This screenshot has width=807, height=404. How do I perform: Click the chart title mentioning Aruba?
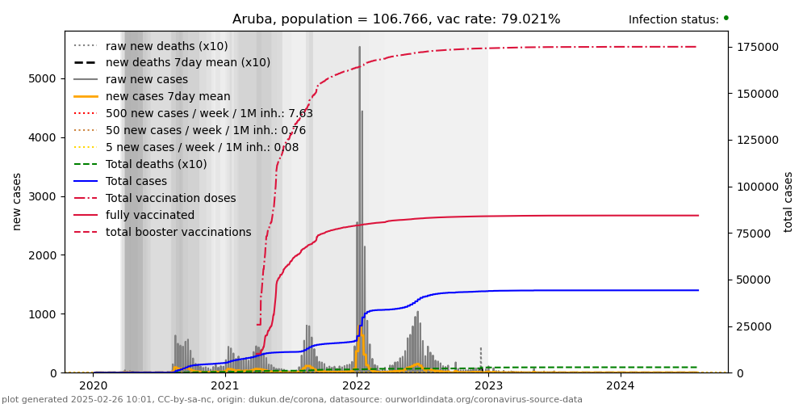[x=396, y=19]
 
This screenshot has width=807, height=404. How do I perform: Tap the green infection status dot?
[x=725, y=18]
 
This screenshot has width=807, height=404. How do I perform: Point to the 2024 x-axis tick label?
[x=620, y=385]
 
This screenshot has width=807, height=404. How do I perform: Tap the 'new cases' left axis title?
[x=17, y=201]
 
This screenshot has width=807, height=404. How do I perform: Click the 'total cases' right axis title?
[x=788, y=201]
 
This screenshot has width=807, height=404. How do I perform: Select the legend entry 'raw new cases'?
[x=146, y=79]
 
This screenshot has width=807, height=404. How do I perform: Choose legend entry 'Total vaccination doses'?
[x=170, y=198]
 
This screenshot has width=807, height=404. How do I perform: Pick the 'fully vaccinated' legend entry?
[x=149, y=215]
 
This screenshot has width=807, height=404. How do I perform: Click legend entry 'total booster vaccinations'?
[x=178, y=232]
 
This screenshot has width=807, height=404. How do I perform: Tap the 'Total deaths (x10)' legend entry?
[x=156, y=164]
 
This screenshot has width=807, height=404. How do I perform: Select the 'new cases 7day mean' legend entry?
[x=167, y=96]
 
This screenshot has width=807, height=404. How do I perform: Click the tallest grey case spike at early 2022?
[x=360, y=48]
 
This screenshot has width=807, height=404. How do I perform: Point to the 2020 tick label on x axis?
[x=93, y=385]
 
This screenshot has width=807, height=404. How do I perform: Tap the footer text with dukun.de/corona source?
[x=291, y=399]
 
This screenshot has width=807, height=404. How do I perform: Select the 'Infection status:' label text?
[x=673, y=19]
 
